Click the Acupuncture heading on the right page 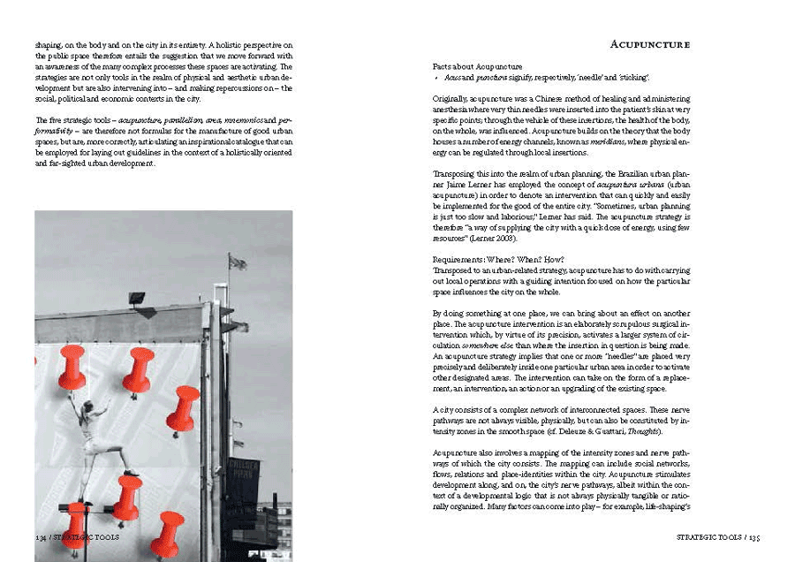[649, 44]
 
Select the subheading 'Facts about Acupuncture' [477, 67]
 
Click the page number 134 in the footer [41, 537]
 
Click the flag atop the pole [237, 262]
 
